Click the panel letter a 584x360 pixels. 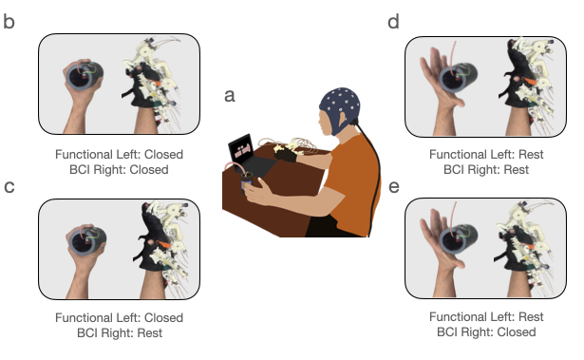click(x=230, y=95)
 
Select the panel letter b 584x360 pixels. click(x=9, y=20)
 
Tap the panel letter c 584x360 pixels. click(x=9, y=186)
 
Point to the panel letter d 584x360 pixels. click(x=393, y=20)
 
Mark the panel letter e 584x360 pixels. click(x=393, y=186)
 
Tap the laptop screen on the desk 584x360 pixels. click(x=242, y=149)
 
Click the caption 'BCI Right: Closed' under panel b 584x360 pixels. click(x=120, y=170)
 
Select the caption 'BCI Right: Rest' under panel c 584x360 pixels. click(x=120, y=333)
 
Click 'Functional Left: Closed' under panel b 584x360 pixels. click(x=120, y=154)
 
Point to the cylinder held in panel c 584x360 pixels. click(x=85, y=245)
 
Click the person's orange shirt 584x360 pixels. click(x=351, y=180)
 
